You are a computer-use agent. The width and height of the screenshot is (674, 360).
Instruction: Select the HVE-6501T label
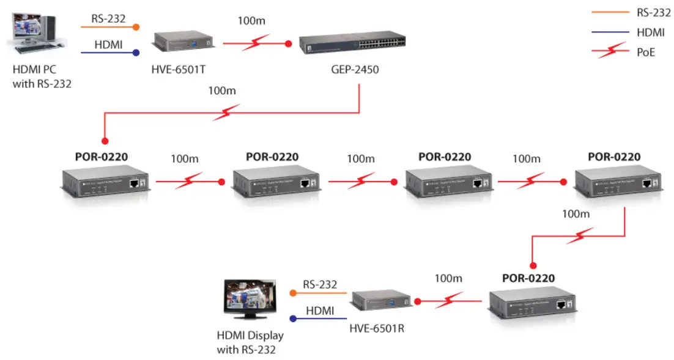coord(178,70)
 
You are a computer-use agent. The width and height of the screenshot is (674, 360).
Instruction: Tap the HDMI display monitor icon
coord(248,299)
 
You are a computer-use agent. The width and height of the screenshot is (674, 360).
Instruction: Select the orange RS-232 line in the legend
coord(610,12)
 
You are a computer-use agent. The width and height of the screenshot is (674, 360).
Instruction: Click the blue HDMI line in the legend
coord(610,32)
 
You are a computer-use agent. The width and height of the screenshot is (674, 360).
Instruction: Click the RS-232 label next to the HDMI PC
coord(108,18)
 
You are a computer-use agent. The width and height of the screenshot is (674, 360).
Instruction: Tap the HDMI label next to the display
coord(320,311)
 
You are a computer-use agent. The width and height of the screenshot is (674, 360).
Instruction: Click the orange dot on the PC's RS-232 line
coord(136,27)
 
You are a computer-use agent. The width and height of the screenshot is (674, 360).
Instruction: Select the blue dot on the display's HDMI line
coord(293,318)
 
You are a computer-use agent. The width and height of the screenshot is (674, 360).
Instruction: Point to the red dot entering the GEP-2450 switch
coord(289,43)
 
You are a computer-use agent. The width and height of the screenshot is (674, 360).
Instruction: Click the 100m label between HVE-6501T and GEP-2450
coord(251,21)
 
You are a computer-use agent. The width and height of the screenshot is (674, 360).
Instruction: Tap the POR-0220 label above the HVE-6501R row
coord(528,278)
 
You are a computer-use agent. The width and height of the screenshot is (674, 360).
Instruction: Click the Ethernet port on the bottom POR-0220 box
coord(562,304)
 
